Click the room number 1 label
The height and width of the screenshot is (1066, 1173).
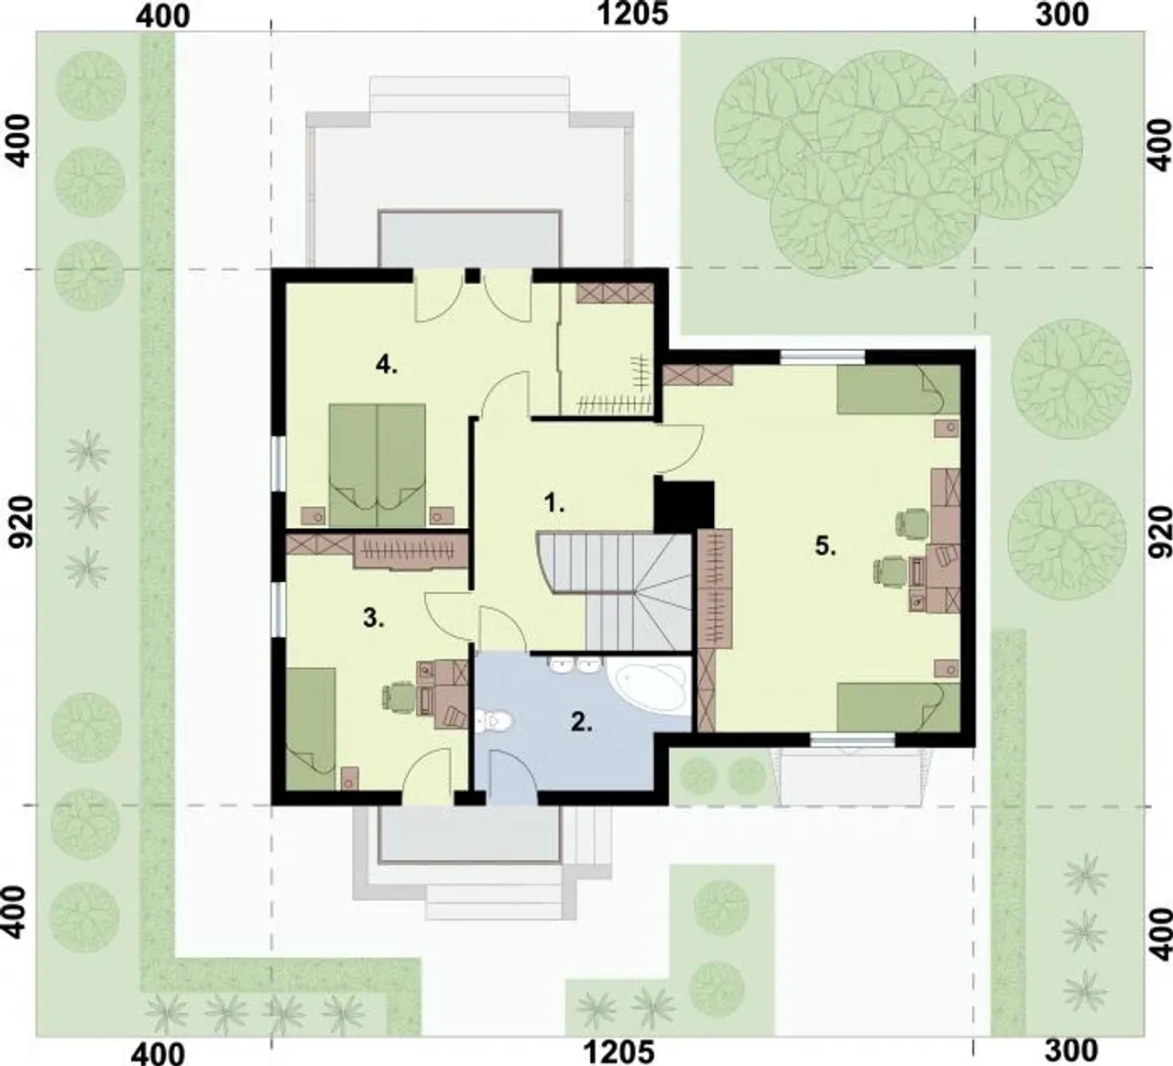(x=554, y=502)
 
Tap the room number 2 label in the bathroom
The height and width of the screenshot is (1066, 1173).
(x=582, y=723)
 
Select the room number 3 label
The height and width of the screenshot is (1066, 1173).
(x=374, y=618)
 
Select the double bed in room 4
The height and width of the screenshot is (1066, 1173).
(x=378, y=465)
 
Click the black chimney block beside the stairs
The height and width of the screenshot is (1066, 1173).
(x=685, y=505)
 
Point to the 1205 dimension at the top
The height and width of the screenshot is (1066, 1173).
(x=632, y=14)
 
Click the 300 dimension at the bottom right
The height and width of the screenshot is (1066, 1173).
(x=1070, y=1050)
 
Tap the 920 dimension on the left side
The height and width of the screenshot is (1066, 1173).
(x=22, y=522)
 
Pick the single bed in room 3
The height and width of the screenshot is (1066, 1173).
(x=311, y=730)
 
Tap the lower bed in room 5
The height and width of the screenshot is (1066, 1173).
(x=898, y=707)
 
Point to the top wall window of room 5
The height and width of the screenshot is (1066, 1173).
(x=822, y=357)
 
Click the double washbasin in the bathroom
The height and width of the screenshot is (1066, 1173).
(x=574, y=664)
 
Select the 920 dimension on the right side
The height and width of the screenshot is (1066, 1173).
(x=1160, y=532)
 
